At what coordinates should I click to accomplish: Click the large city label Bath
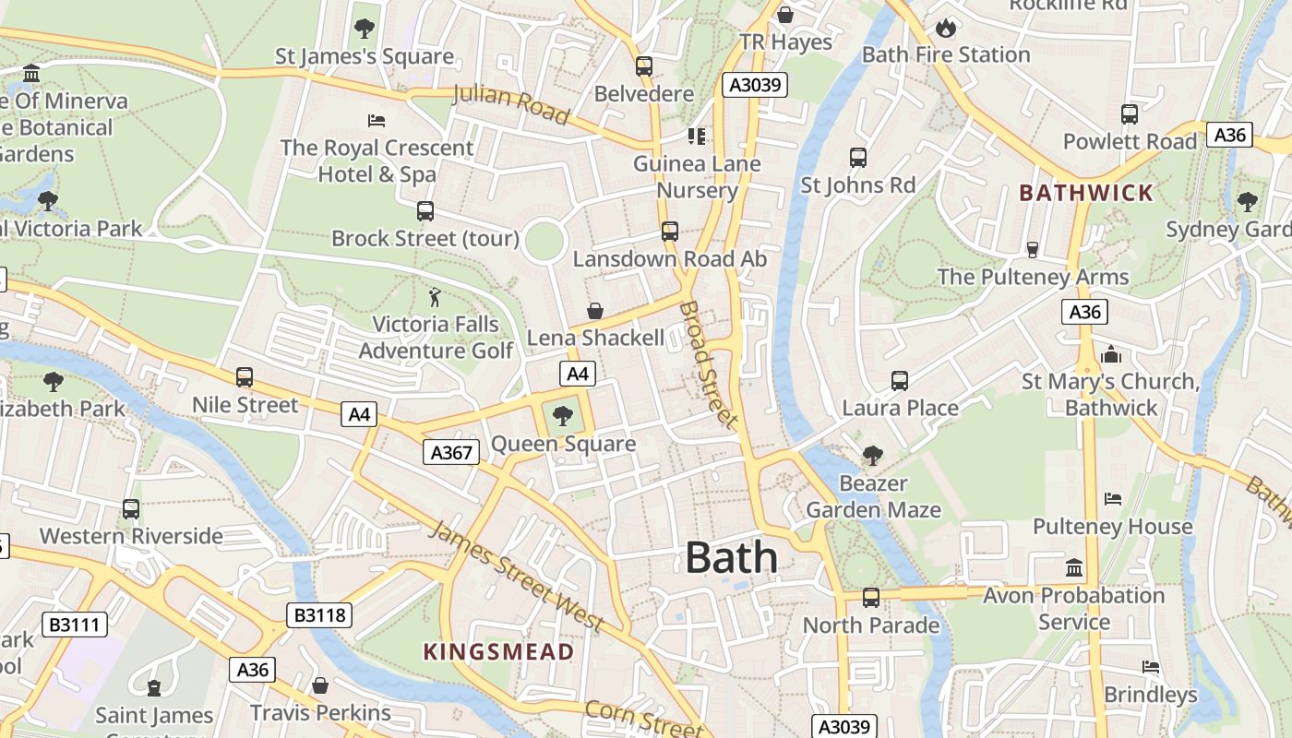coord(731,558)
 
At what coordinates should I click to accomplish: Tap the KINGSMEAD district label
coord(498,652)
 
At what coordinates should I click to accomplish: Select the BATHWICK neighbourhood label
coord(1086,193)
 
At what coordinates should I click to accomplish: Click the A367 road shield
coord(451,452)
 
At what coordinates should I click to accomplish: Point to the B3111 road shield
coord(74,625)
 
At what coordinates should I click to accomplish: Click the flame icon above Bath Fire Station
coord(945,29)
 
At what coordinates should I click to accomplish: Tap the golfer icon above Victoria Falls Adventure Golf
coord(435,297)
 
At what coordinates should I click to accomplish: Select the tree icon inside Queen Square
coord(563,416)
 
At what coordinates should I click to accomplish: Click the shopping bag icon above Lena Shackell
coord(595,311)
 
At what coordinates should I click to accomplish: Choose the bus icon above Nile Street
coord(245,377)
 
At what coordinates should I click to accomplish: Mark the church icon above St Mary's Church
coord(1110,354)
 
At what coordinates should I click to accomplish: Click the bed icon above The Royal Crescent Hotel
coord(376,121)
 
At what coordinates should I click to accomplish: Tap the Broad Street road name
coord(709,364)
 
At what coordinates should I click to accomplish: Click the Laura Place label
coord(900,408)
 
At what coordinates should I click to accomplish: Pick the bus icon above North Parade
coord(870,598)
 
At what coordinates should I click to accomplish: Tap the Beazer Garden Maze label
coord(873,496)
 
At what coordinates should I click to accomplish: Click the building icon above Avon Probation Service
coord(1074,568)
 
